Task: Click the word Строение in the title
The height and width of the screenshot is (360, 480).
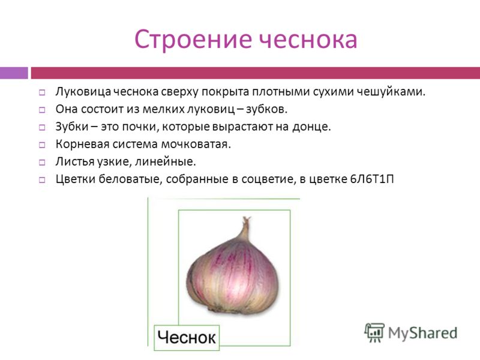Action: (x=193, y=39)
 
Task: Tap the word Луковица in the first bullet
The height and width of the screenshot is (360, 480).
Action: (x=83, y=92)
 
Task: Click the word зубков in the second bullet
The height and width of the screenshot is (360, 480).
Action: (x=266, y=109)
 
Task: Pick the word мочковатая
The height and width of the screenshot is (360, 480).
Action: (x=196, y=144)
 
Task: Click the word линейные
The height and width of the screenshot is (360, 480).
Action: (x=166, y=161)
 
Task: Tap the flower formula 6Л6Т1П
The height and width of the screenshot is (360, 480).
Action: (x=372, y=179)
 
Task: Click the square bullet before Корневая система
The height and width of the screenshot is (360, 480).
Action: (x=42, y=145)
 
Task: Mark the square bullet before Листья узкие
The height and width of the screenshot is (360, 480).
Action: (x=42, y=163)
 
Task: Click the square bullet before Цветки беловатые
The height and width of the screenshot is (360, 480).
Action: (x=42, y=180)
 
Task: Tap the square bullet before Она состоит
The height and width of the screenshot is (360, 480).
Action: (x=42, y=110)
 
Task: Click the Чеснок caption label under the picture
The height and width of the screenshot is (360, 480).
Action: (x=187, y=338)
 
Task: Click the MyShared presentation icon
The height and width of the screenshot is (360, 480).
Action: (x=374, y=332)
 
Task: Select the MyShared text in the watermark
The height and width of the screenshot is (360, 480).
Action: (x=422, y=333)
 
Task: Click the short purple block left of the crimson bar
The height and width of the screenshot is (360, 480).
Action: (x=14, y=73)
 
